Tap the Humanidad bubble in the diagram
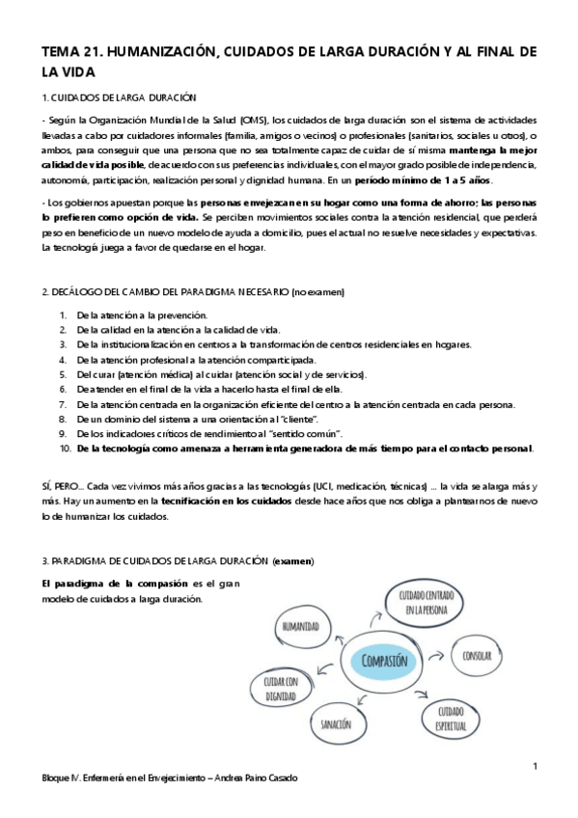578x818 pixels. (300, 626)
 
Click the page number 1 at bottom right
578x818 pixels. (535, 767)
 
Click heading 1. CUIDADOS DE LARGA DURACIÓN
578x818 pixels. (119, 97)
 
